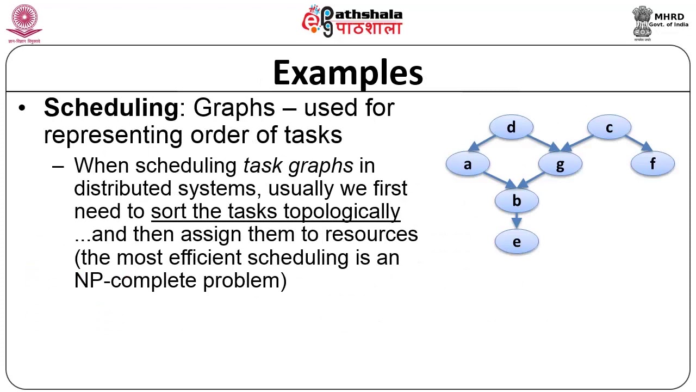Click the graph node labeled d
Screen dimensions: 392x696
pos(511,127)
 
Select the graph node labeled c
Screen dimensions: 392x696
pos(609,127)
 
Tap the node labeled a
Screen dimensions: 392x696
pos(468,164)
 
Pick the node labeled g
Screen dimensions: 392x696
pos(560,164)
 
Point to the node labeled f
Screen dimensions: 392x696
pos(652,164)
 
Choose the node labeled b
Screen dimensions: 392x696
pos(517,201)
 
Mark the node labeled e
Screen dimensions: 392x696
pos(517,242)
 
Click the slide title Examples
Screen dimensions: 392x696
pos(348,73)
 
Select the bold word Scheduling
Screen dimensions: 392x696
pos(111,108)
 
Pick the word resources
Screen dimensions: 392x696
pos(371,235)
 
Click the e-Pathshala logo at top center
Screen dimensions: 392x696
pos(352,21)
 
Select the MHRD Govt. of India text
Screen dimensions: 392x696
pos(668,21)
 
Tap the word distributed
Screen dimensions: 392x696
pos(123,188)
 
